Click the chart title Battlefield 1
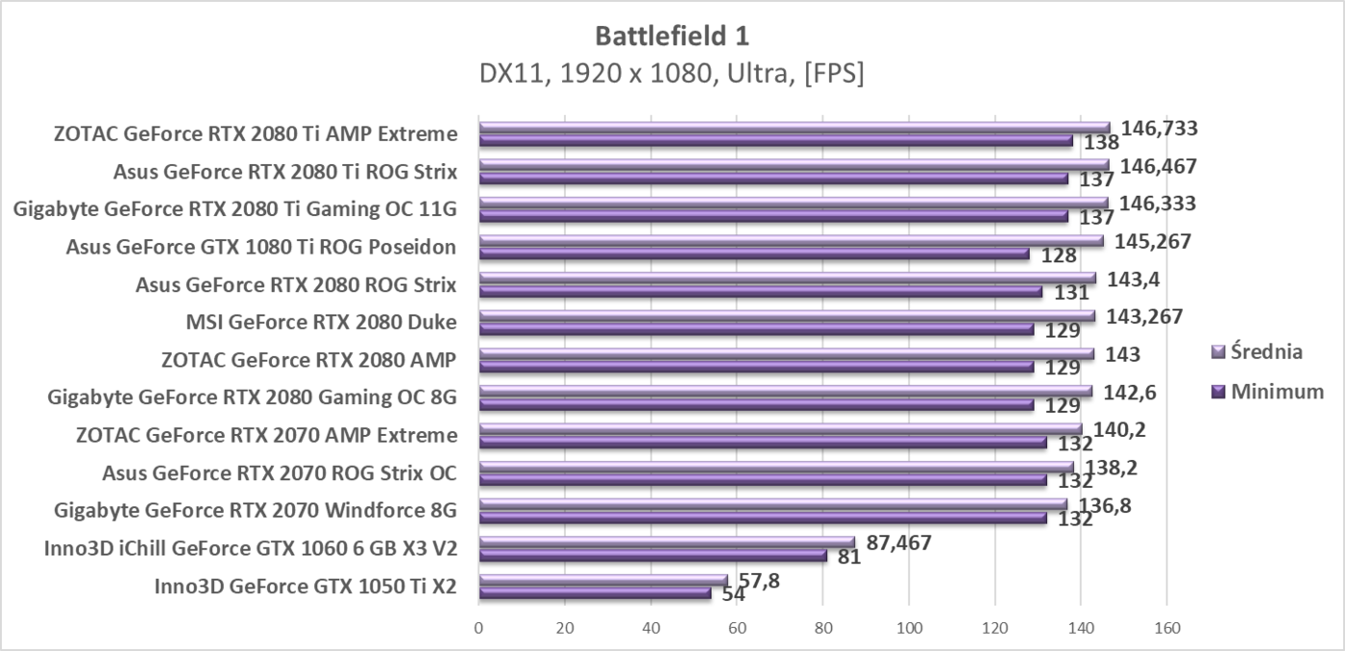672,36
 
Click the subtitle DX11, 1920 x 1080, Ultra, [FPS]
672,74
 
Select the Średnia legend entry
1258,351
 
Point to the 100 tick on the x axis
908,629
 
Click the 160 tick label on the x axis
1165,629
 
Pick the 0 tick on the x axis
478,629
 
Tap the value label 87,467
899,542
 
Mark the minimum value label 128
1058,256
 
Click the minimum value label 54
734,594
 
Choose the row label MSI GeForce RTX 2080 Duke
321,322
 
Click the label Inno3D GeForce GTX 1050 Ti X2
306,586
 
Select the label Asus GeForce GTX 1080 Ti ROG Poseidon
260,247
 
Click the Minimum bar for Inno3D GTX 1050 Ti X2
595,593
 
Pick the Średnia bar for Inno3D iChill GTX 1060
666,542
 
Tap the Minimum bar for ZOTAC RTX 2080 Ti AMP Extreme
775,141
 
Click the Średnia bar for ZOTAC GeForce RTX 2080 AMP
786,354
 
